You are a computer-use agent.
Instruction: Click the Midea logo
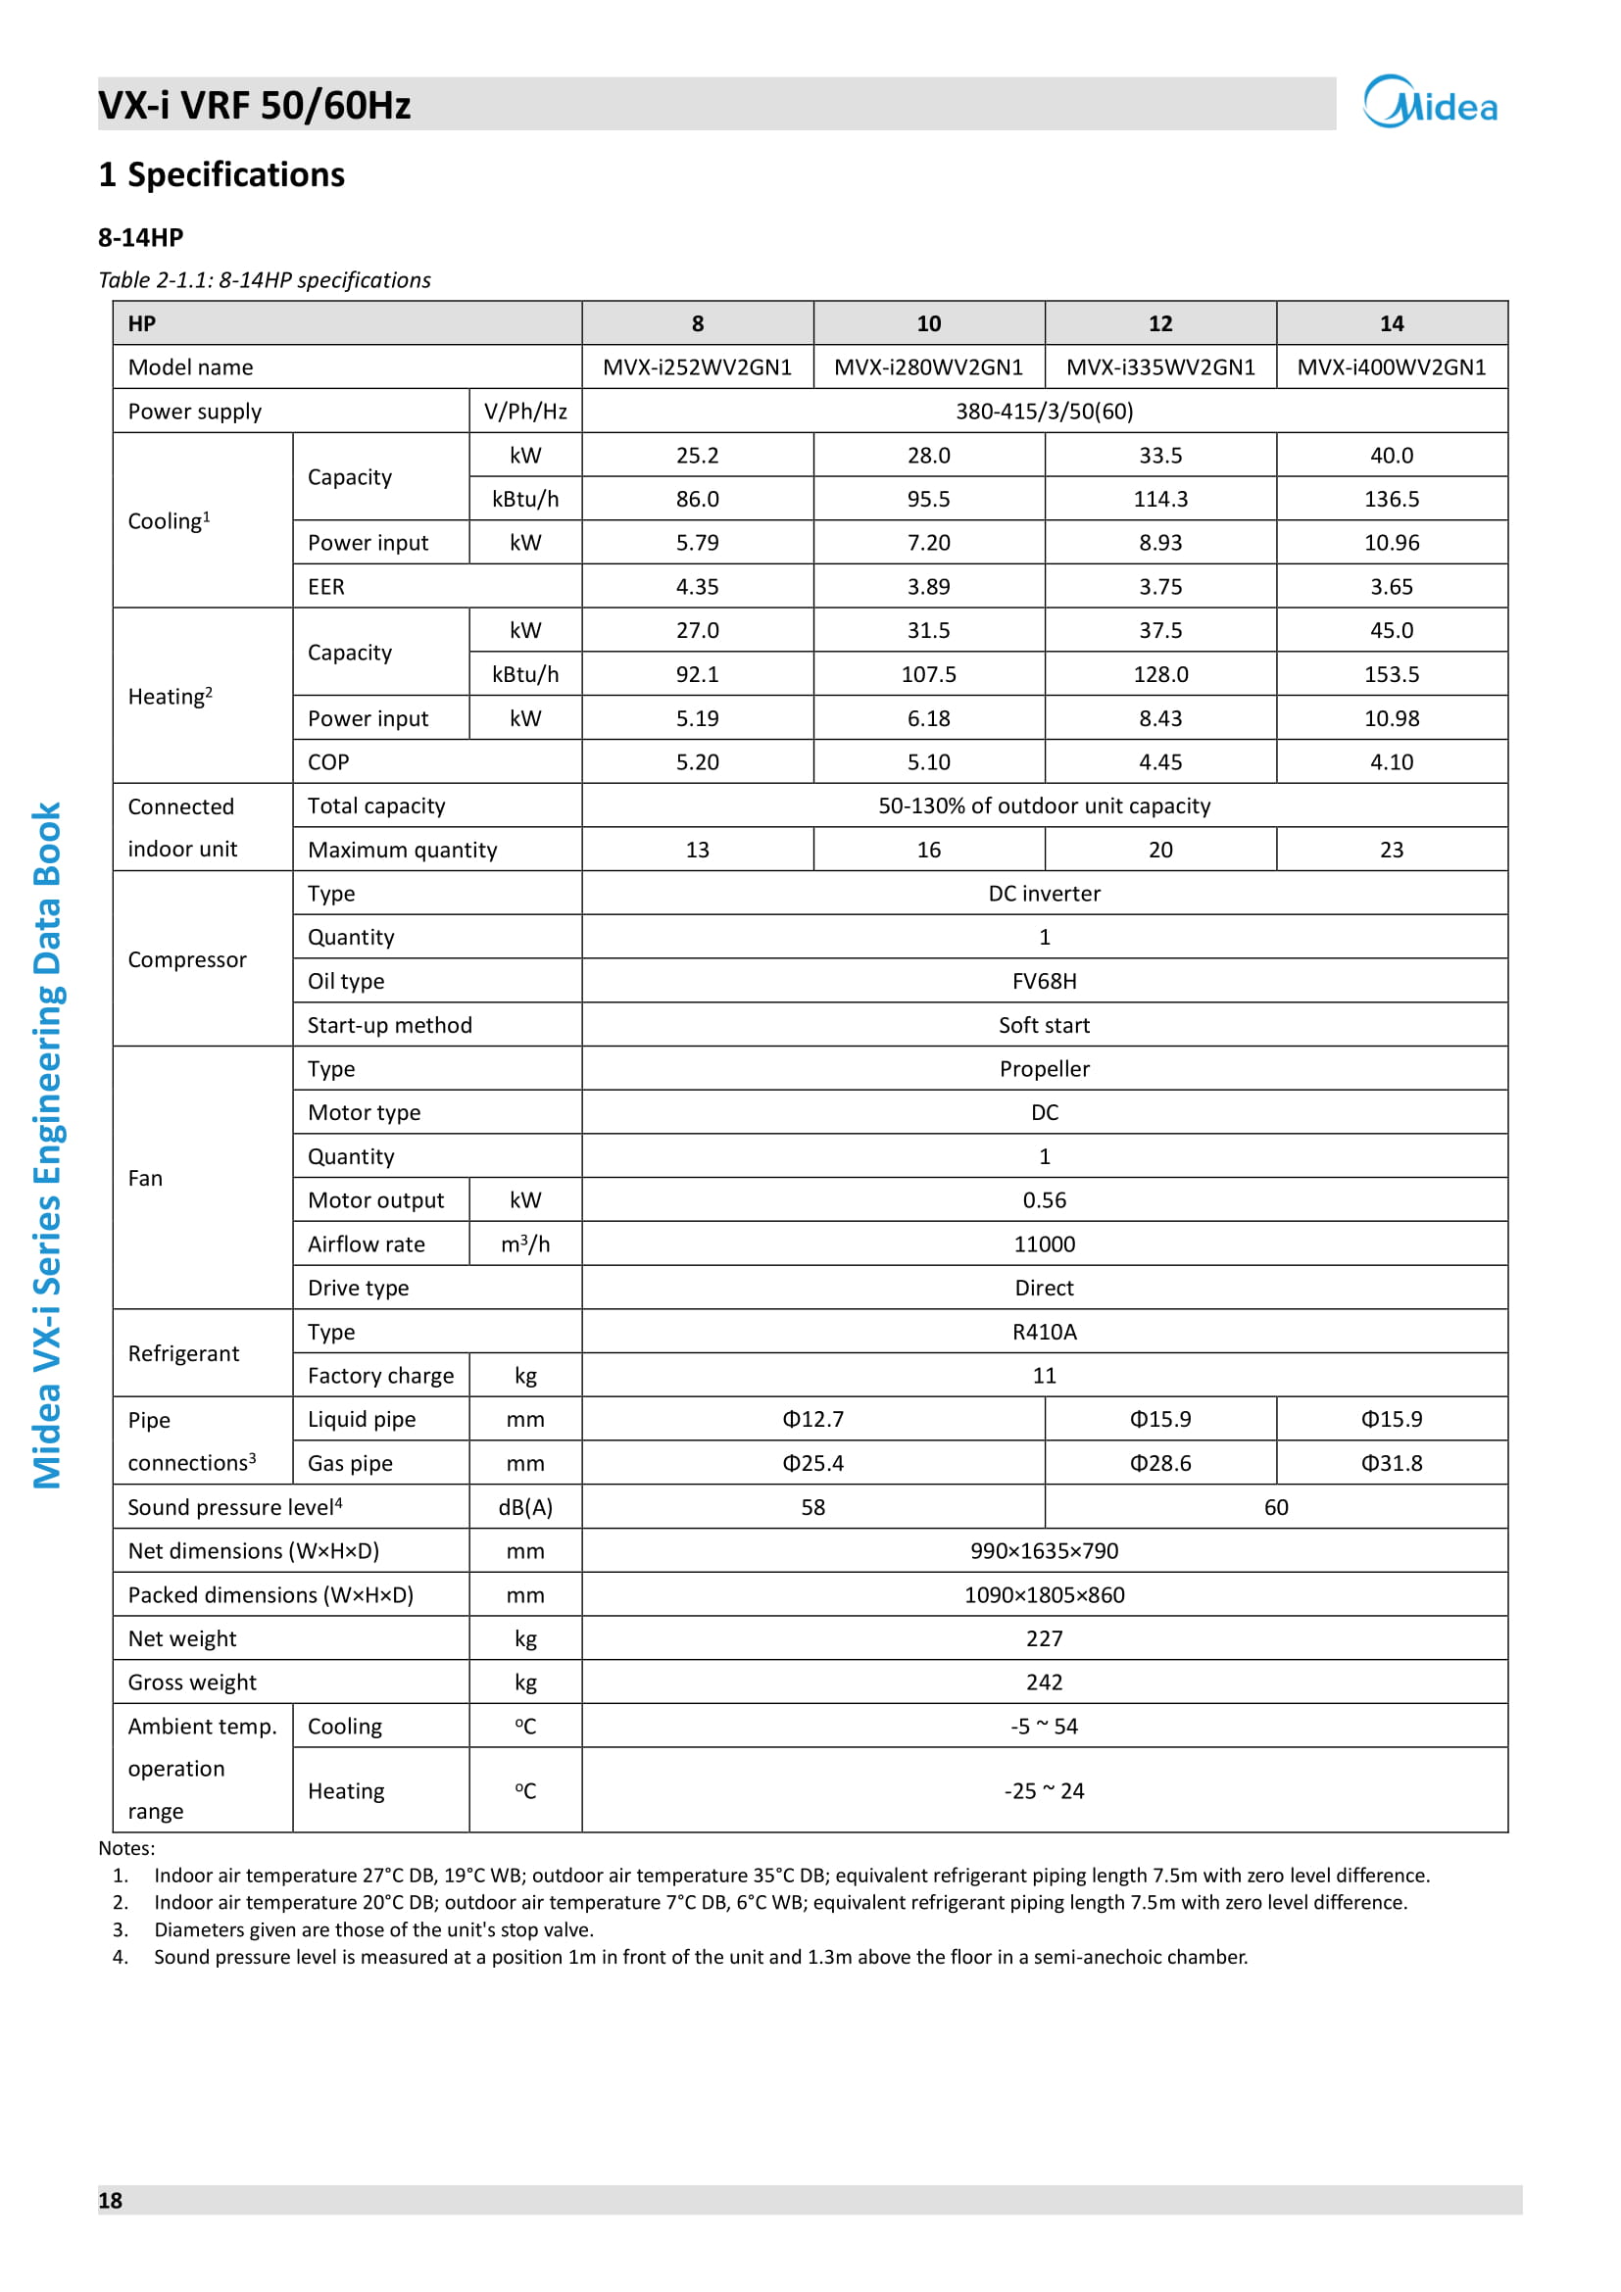click(x=1429, y=103)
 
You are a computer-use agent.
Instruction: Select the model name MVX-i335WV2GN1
click(x=1159, y=367)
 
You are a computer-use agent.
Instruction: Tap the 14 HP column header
click(x=1392, y=323)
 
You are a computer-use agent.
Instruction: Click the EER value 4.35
click(x=697, y=587)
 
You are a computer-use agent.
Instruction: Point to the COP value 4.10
click(x=1392, y=762)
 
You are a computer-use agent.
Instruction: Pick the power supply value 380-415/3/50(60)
click(x=1044, y=412)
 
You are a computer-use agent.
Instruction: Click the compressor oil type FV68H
click(x=1044, y=981)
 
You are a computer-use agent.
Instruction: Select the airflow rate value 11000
click(x=1044, y=1244)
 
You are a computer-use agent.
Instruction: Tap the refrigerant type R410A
click(x=1044, y=1333)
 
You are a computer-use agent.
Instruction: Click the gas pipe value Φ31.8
click(x=1392, y=1463)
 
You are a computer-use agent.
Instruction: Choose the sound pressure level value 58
click(x=812, y=1507)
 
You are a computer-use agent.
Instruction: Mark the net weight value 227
click(x=1044, y=1639)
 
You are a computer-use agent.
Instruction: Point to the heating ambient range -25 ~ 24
click(x=1044, y=1792)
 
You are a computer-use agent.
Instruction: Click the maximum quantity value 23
click(x=1392, y=851)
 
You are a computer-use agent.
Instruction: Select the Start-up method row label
click(x=389, y=1025)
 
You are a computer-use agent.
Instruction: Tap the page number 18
click(x=110, y=2200)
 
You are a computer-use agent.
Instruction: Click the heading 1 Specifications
click(x=221, y=174)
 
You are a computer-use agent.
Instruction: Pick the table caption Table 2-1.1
click(x=265, y=280)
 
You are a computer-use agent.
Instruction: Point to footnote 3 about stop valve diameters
click(x=373, y=1929)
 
